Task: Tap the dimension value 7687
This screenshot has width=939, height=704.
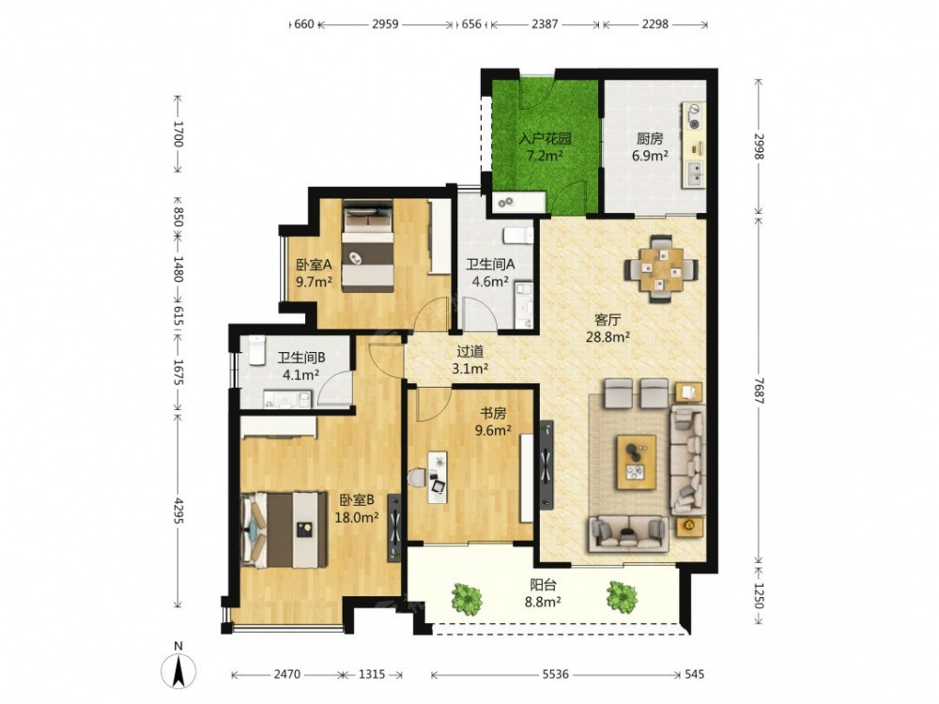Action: pyautogui.click(x=759, y=390)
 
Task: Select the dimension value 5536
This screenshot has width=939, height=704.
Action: pyautogui.click(x=555, y=675)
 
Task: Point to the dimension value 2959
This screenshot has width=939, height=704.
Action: pyautogui.click(x=385, y=24)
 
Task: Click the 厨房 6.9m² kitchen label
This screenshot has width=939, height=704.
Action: pyautogui.click(x=650, y=147)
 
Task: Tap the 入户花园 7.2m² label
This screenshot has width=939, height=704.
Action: pyautogui.click(x=545, y=147)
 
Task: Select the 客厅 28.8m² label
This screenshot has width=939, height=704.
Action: pyautogui.click(x=608, y=328)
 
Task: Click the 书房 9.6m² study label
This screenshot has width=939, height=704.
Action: pyautogui.click(x=493, y=421)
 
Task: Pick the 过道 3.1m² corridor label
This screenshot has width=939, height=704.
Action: pyautogui.click(x=469, y=360)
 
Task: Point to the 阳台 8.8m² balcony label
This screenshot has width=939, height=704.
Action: pyautogui.click(x=543, y=593)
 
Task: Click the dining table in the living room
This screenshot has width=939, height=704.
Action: pyautogui.click(x=661, y=269)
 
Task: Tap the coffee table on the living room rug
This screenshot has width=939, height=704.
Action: pyautogui.click(x=636, y=457)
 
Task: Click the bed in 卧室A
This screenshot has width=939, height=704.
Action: pyautogui.click(x=368, y=247)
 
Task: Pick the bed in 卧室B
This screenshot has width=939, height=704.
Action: pyautogui.click(x=284, y=530)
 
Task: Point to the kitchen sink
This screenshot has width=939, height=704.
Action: pyautogui.click(x=695, y=174)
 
